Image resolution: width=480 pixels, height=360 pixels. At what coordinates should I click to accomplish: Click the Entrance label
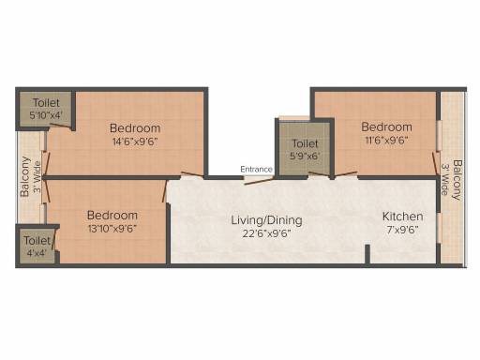256,170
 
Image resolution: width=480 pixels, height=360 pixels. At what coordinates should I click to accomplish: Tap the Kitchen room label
403,217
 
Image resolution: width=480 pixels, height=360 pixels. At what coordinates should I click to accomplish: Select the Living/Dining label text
266,220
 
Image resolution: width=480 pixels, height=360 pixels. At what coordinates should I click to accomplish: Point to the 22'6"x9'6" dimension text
266,233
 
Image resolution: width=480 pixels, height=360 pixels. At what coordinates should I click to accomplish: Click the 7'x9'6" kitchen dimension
402,230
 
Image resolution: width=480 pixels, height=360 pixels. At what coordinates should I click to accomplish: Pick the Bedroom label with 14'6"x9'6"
135,128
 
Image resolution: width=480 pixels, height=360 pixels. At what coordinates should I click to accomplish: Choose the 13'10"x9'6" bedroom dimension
112,229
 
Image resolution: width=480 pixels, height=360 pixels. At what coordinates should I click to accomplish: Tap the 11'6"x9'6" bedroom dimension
386,140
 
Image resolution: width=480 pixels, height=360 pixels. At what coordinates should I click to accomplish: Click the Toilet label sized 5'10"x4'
46,102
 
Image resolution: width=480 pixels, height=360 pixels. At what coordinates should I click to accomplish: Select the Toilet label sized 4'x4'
37,241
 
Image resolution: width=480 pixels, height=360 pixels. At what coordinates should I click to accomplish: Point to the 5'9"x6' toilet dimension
305,156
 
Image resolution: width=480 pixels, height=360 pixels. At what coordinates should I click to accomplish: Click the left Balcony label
24,176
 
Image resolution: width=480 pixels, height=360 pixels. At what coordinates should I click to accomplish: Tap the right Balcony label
457,180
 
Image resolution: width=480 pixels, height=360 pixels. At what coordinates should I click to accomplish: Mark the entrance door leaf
259,181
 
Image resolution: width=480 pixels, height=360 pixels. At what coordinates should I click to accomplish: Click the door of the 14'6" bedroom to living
192,174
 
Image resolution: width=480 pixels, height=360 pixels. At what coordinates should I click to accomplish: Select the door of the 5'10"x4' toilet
61,126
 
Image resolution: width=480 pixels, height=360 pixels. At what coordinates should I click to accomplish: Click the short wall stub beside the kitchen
367,254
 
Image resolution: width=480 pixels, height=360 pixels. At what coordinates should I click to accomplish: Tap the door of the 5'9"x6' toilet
319,174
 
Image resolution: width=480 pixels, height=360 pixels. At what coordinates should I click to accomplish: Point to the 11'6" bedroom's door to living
346,174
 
